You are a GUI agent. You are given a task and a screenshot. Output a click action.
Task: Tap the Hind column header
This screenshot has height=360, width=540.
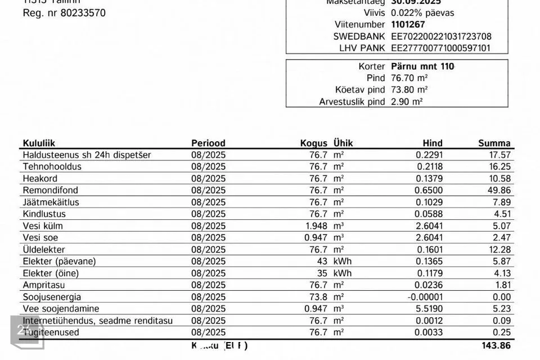pyautogui.click(x=433, y=143)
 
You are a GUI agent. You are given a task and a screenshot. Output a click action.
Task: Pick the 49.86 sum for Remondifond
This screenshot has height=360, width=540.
pyautogui.click(x=498, y=190)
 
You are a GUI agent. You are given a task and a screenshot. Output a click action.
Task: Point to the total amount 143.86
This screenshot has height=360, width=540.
pyautogui.click(x=495, y=346)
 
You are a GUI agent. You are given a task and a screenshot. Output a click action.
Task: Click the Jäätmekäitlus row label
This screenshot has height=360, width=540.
pyautogui.click(x=51, y=202)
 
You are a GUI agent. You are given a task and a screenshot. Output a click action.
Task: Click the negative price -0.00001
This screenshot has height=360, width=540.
pyautogui.click(x=426, y=296)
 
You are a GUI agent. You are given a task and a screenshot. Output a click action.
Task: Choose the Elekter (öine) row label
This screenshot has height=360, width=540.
pyautogui.click(x=51, y=273)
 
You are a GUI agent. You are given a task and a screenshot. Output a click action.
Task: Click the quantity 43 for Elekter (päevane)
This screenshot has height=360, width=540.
pyautogui.click(x=322, y=261)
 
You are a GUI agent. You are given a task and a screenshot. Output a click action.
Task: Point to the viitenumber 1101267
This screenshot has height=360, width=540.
pyautogui.click(x=408, y=24)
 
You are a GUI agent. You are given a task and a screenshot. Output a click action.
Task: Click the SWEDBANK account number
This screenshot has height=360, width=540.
pyautogui.click(x=441, y=36)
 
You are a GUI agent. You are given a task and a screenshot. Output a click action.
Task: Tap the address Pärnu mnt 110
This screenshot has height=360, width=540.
pyautogui.click(x=422, y=66)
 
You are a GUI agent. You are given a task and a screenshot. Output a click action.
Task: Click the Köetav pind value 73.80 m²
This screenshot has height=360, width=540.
pyautogui.click(x=409, y=89)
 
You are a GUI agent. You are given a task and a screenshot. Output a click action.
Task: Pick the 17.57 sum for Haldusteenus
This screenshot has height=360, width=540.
pyautogui.click(x=498, y=155)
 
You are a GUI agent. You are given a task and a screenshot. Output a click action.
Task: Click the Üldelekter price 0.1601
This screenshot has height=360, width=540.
pyautogui.click(x=430, y=249)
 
